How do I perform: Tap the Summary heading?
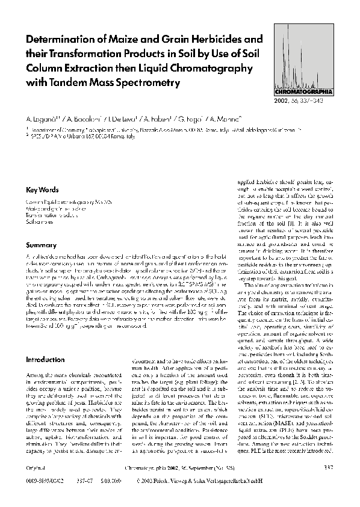(41, 245)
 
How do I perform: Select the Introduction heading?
(46, 359)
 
